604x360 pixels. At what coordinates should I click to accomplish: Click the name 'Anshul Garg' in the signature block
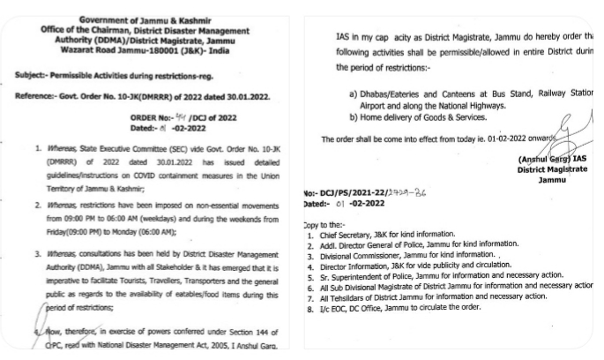click(x=540, y=160)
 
